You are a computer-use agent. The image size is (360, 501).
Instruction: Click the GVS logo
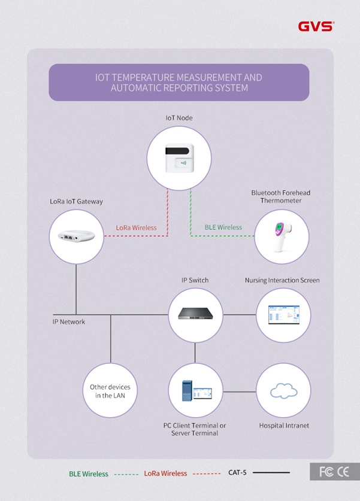click(x=316, y=26)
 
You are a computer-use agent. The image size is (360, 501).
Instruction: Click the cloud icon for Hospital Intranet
click(x=283, y=392)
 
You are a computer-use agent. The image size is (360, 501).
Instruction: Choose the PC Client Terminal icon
click(x=195, y=392)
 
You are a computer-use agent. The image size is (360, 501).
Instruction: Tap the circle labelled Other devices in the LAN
click(x=110, y=391)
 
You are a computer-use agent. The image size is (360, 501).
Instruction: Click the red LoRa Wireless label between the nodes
click(x=136, y=227)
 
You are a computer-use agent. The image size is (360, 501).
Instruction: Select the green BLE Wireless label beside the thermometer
click(x=223, y=227)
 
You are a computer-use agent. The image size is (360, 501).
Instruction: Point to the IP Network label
click(x=69, y=322)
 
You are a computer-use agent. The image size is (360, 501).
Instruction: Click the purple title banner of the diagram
click(x=179, y=83)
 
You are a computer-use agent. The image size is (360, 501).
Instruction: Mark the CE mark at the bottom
click(x=343, y=472)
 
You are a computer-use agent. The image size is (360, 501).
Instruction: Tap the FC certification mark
click(x=326, y=472)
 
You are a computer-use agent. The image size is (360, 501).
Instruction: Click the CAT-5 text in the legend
click(x=237, y=473)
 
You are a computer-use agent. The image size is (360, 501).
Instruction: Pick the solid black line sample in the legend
click(x=271, y=473)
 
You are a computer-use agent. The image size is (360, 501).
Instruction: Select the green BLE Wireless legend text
click(x=87, y=474)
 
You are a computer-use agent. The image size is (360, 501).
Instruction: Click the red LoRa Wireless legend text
click(x=165, y=473)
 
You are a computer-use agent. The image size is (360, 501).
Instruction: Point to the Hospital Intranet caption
click(x=284, y=426)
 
